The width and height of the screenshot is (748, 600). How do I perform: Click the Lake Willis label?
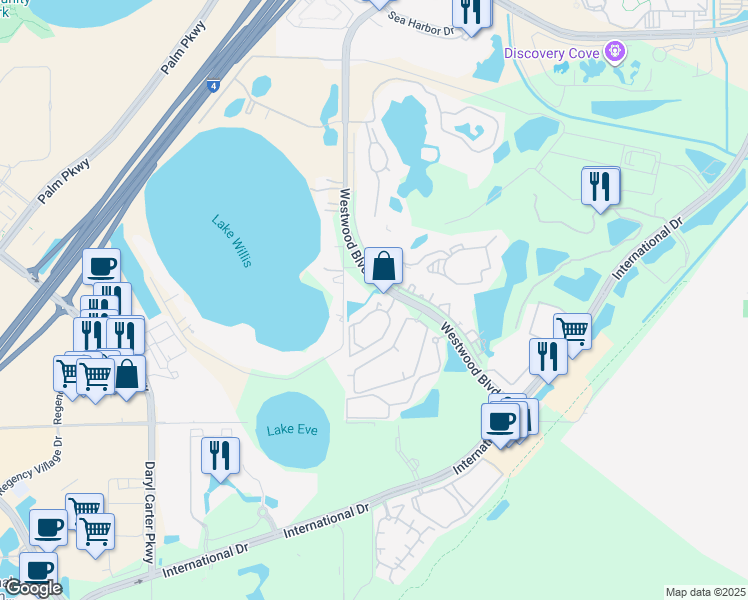(232, 241)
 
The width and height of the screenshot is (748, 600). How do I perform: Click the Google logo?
(33, 588)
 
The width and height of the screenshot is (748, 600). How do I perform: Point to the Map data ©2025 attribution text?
(704, 592)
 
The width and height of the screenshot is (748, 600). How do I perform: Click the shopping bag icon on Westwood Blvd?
(383, 267)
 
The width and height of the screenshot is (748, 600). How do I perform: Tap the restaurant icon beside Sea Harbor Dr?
(471, 10)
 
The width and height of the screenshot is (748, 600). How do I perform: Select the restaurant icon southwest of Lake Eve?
(220, 455)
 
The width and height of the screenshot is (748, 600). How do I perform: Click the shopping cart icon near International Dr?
(571, 330)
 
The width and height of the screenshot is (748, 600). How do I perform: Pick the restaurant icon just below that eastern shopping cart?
(548, 356)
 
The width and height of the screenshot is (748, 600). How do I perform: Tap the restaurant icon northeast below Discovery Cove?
(600, 186)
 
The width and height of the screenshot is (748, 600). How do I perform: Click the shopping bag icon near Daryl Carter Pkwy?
(128, 375)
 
